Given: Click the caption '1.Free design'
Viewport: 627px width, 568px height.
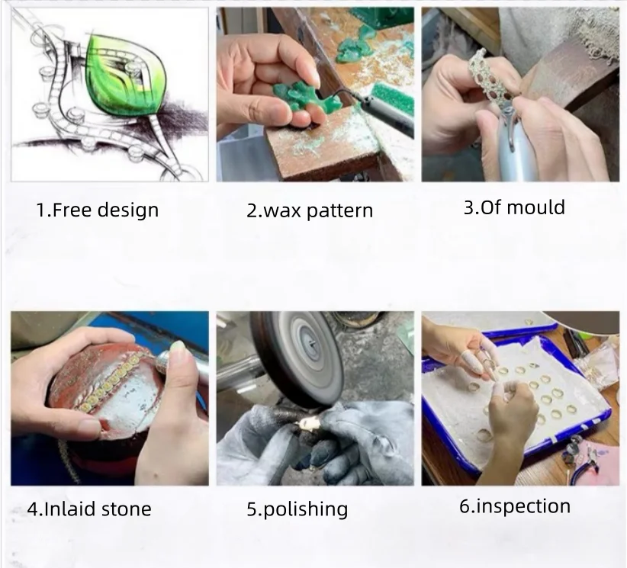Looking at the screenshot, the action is pos(98,210).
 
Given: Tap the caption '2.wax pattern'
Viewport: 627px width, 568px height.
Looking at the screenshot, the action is pos(310,210).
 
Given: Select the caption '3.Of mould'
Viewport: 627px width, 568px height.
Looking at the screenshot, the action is pos(514,207).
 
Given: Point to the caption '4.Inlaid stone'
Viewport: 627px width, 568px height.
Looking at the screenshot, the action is pos(89,509).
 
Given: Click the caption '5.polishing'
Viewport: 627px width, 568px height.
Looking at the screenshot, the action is pos(297,509).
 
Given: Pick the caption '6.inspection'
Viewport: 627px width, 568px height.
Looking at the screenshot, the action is pos(515,507).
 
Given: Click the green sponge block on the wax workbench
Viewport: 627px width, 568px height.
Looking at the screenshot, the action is pos(392,95).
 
